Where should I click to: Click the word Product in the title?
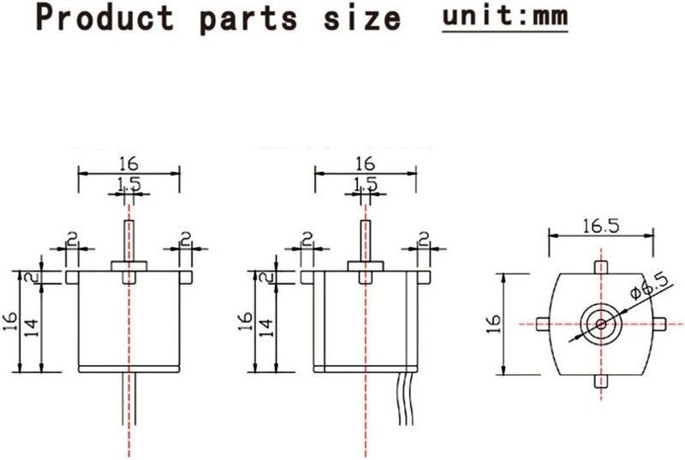[104, 18]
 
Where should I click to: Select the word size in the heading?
[368, 18]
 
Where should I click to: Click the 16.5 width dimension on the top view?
[601, 226]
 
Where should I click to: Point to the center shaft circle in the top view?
[601, 323]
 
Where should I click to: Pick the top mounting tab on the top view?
[601, 267]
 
